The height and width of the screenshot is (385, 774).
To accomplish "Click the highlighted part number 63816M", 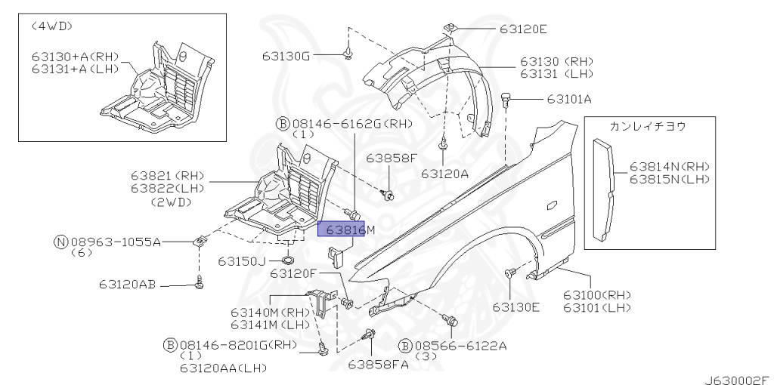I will (x=342, y=229).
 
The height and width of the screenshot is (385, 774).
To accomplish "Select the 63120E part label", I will (x=522, y=29).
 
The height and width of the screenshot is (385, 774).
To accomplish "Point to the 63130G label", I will (x=286, y=55).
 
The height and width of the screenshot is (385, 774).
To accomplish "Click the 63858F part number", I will (x=392, y=159).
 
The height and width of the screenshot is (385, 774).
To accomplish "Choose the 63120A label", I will (x=445, y=173).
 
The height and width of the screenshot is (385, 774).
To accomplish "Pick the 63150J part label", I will (x=242, y=261).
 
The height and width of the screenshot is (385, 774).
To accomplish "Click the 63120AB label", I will (x=127, y=285).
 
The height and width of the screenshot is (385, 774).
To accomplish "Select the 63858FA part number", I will (x=377, y=364).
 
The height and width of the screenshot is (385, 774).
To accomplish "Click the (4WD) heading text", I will (x=52, y=26).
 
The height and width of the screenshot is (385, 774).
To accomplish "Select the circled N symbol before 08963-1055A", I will (x=60, y=242).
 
